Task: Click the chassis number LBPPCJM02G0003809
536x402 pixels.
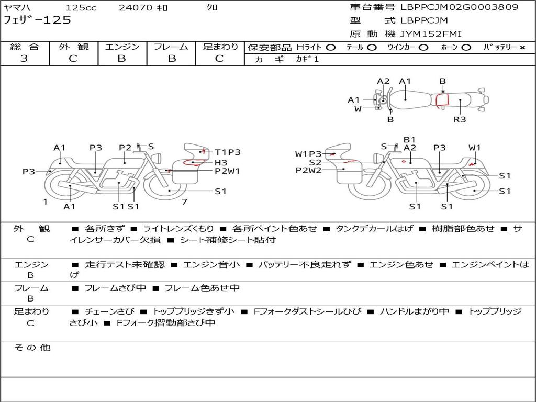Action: pos(460,7)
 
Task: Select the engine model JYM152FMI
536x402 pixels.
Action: pos(431,34)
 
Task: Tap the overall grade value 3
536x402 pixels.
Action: pos(24,59)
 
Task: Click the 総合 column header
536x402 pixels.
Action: pos(25,47)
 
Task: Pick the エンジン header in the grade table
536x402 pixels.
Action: pos(122,47)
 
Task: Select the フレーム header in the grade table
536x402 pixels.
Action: pos(171,47)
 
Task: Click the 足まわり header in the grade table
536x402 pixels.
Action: pos(220,47)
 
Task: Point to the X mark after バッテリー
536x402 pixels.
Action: pos(522,48)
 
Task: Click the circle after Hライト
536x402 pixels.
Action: pos(331,48)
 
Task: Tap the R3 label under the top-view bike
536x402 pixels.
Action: pos(460,119)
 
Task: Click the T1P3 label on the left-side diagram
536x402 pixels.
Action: pos(228,152)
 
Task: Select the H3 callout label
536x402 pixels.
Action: pos(220,162)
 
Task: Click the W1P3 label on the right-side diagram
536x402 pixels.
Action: pos(308,154)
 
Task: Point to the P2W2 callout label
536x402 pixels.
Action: pos(308,170)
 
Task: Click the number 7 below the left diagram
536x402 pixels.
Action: pos(184,202)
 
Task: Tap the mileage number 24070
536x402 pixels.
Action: pos(136,8)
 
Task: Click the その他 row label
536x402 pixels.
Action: pos(32,348)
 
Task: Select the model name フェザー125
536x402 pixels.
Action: pos(37,20)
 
